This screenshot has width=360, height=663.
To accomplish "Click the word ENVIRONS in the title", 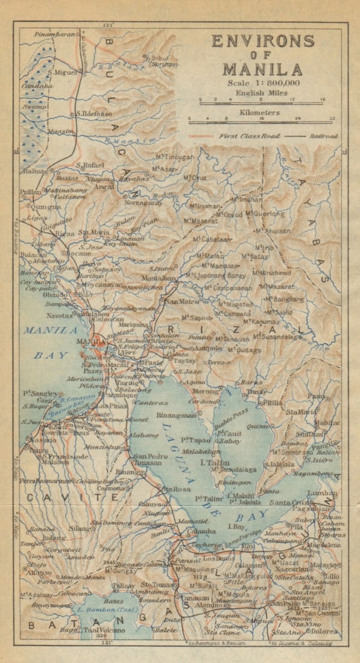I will tap(262, 42).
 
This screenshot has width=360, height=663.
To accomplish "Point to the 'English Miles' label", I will tap(262, 92).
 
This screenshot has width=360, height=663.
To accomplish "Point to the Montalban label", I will tap(159, 279).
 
